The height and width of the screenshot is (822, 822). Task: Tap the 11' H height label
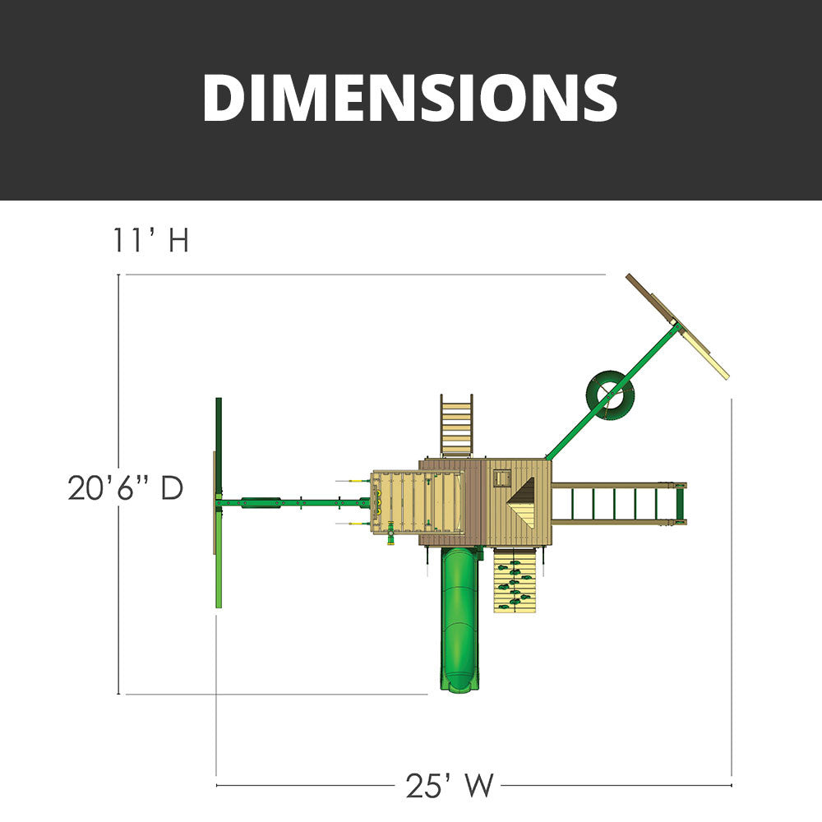(x=151, y=241)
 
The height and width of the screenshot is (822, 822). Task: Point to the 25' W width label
(x=450, y=786)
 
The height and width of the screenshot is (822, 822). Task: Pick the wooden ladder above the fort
(x=456, y=425)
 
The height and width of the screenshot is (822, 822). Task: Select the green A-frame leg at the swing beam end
(x=219, y=502)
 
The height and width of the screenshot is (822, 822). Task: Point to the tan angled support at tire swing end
(x=677, y=326)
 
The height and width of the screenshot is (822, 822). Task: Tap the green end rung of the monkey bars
(x=680, y=502)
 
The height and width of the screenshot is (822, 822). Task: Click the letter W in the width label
(x=480, y=786)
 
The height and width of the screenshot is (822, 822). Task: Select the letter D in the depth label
(x=171, y=488)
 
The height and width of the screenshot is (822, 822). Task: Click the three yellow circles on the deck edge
(x=381, y=502)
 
